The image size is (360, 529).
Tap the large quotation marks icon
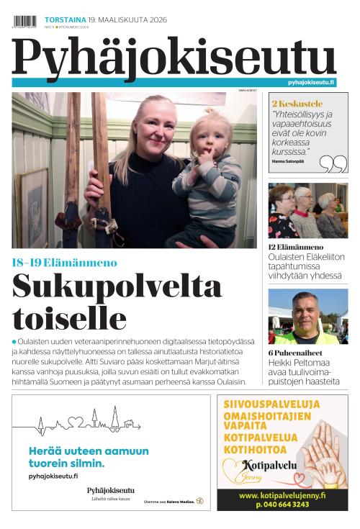333,165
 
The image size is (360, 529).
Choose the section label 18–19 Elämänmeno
64,263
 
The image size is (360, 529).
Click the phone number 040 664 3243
282,505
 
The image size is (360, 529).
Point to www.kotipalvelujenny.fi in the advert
282,495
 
